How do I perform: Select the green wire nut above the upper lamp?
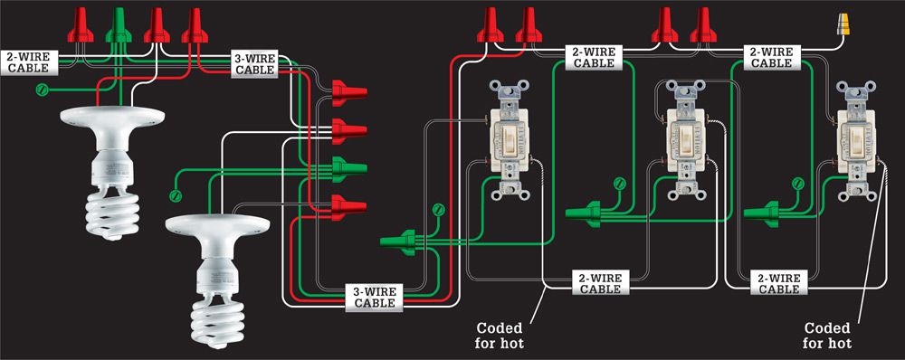(119, 25)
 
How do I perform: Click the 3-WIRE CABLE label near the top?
(255, 63)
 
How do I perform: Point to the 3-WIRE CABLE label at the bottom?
(375, 297)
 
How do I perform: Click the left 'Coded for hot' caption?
(500, 336)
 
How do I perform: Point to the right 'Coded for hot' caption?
(828, 336)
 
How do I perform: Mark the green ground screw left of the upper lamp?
(41, 90)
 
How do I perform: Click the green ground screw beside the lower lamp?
(176, 195)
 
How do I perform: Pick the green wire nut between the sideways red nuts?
(348, 168)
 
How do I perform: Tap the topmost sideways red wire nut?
(348, 93)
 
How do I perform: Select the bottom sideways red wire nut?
(348, 207)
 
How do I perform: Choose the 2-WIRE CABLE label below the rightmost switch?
(778, 283)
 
